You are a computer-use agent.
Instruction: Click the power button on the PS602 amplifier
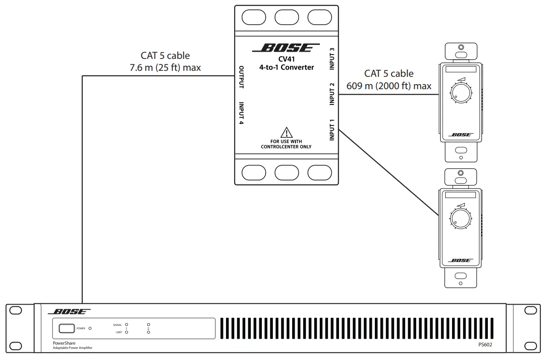click(x=67, y=328)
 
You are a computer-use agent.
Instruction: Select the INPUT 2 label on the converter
click(x=332, y=94)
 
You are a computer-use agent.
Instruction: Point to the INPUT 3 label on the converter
click(x=332, y=58)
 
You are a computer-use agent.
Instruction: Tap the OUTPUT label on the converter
click(x=241, y=77)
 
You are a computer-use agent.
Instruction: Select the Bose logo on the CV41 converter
click(x=286, y=48)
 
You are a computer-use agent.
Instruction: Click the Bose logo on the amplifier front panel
click(x=69, y=312)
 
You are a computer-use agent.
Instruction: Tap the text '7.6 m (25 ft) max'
click(x=165, y=67)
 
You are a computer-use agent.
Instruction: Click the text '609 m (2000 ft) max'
click(x=388, y=86)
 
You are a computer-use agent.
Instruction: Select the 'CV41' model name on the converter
click(x=286, y=60)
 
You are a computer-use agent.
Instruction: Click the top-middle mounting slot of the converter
click(x=286, y=17)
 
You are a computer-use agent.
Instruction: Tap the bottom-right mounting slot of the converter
click(x=319, y=172)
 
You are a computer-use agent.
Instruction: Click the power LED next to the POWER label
click(x=90, y=328)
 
